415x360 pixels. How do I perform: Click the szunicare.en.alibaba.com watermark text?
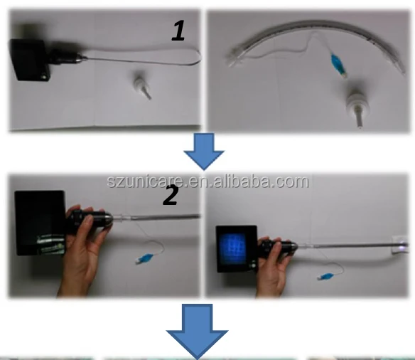point(207,181)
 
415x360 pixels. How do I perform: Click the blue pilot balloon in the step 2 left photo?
point(148,254)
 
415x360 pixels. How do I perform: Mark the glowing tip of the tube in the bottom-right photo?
point(403,246)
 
